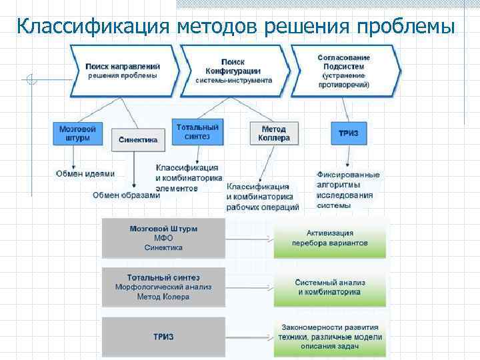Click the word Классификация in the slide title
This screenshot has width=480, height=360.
93,26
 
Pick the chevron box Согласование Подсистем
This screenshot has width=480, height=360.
343,71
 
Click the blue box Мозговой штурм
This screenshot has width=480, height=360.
77,133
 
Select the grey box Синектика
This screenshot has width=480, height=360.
137,140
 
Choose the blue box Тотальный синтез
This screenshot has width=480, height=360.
197,131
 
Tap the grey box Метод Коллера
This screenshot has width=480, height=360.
274,133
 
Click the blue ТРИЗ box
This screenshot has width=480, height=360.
348,133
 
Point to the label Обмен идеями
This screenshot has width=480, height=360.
85,173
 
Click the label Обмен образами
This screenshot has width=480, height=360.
126,195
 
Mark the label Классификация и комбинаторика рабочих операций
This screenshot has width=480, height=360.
263,197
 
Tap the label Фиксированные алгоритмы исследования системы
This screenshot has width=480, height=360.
348,190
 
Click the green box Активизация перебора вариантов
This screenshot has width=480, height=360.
329,238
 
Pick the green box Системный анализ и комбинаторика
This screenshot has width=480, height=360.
329,287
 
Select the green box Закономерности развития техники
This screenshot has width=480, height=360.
329,337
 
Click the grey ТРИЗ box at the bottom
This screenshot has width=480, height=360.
163,337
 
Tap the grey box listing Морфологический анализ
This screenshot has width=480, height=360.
163,287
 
